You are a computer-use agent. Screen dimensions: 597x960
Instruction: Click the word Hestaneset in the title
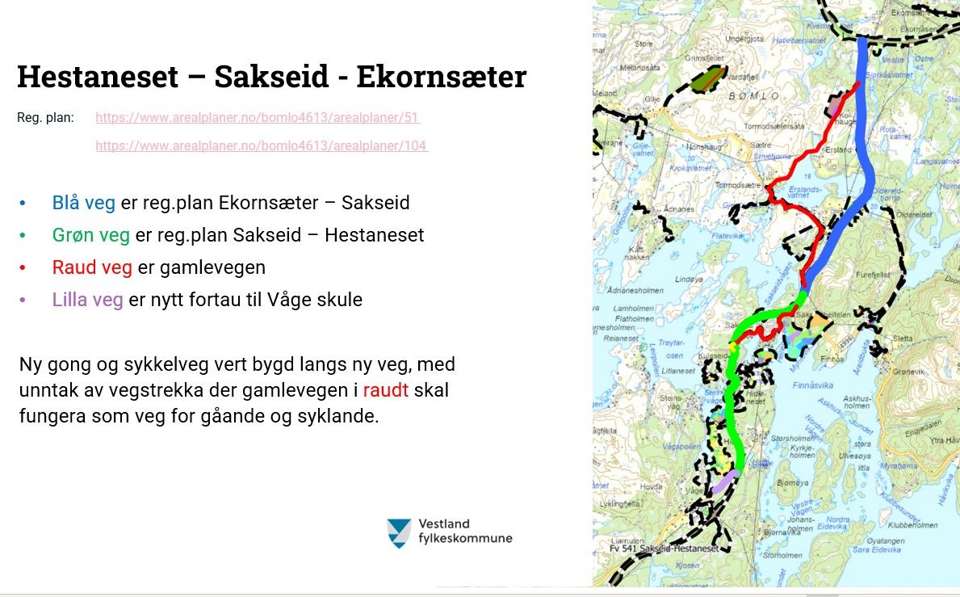(97, 77)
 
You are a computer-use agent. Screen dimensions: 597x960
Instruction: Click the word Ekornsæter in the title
(441, 77)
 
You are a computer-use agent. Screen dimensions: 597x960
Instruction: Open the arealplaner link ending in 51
(258, 118)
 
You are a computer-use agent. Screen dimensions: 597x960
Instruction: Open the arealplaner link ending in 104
(261, 146)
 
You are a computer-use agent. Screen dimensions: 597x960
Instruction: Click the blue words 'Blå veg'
(84, 203)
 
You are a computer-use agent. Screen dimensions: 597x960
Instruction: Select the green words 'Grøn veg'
(91, 235)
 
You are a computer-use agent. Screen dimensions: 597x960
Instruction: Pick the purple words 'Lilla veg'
(88, 300)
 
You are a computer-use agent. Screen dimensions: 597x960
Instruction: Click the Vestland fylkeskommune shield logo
(399, 533)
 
